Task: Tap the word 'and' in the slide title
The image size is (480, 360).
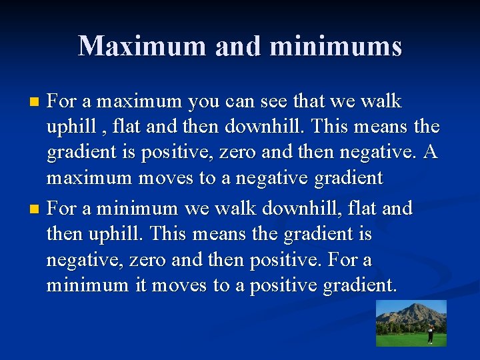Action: tap(239, 46)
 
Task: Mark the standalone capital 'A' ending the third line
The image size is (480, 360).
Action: tap(430, 152)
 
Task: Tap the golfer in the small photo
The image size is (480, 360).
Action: tap(430, 333)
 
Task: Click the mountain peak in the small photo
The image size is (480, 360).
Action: tap(419, 309)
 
